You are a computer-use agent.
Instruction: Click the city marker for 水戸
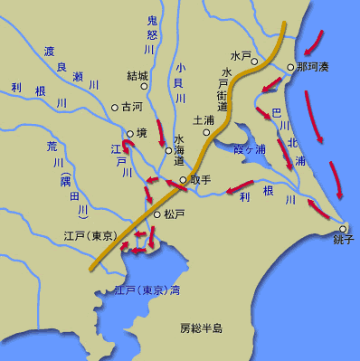click(256, 62)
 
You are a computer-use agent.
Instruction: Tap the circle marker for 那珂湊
click(289, 67)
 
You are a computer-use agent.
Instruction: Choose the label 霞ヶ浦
click(250, 148)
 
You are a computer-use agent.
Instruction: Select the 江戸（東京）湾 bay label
click(147, 291)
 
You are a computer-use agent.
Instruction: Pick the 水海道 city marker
click(168, 150)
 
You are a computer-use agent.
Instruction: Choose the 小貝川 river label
click(180, 82)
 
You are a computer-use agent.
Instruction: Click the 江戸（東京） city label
click(90, 236)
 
